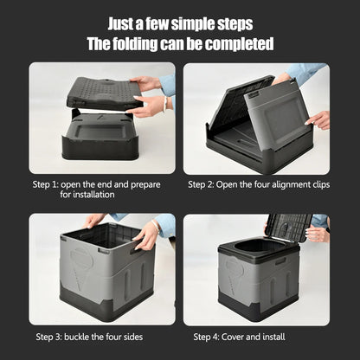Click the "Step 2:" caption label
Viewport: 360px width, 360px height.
click(x=207, y=184)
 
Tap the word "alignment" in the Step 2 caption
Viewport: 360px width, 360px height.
click(x=287, y=184)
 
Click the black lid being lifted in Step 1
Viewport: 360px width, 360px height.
click(x=104, y=93)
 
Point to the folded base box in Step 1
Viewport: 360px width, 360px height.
click(x=100, y=138)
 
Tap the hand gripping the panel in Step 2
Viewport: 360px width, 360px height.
click(x=318, y=119)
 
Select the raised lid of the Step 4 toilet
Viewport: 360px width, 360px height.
click(x=286, y=226)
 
